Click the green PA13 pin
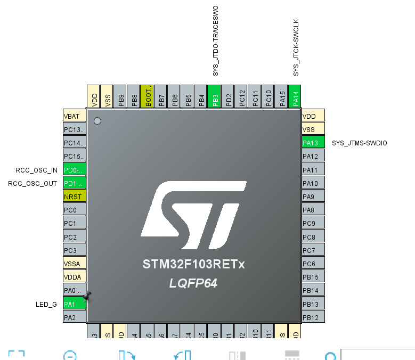click(313, 143)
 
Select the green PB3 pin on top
click(215, 97)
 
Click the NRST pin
click(74, 197)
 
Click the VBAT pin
click(74, 116)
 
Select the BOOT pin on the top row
click(148, 97)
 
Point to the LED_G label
click(46, 305)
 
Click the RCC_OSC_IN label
click(37, 170)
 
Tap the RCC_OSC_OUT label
click(32, 184)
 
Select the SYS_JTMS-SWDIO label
click(359, 143)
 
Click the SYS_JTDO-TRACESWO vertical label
click(216, 41)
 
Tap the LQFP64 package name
click(193, 284)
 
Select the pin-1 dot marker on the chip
click(97, 121)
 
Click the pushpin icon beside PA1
click(87, 296)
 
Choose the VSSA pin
click(74, 264)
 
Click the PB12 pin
click(313, 317)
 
